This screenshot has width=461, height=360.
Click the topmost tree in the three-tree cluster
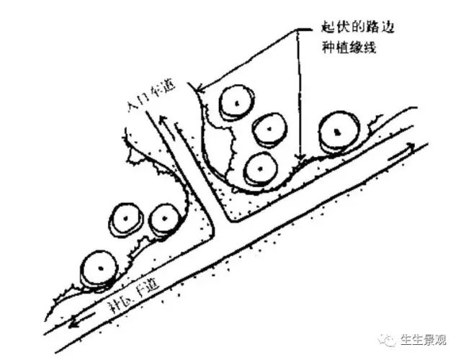tap(234, 104)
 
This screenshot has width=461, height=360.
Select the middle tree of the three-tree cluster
tap(268, 129)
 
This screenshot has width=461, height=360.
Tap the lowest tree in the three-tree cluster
tap(259, 168)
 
